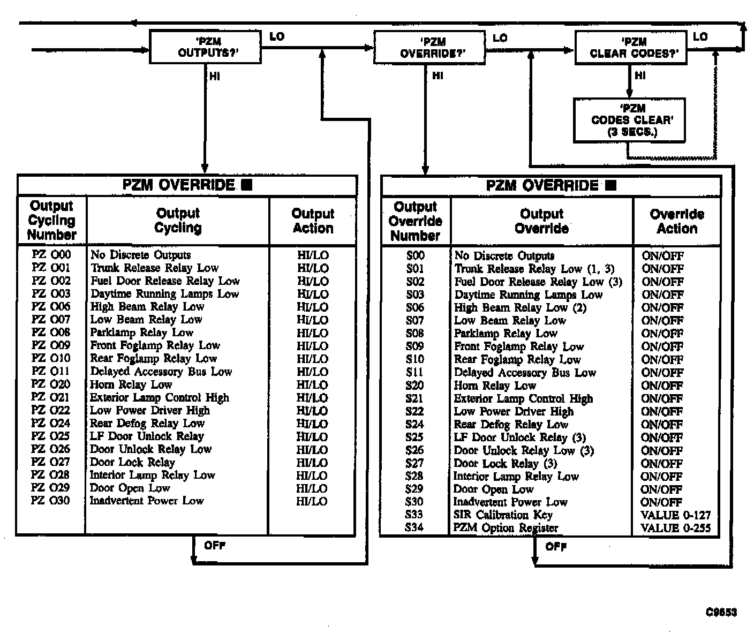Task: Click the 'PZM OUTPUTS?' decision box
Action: tap(205, 47)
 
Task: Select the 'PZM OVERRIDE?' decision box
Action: tap(429, 48)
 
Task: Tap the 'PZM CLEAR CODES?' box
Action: tap(631, 48)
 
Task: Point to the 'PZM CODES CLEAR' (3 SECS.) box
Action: tap(629, 120)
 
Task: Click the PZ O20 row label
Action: tap(51, 384)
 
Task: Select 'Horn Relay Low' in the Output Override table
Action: tap(495, 386)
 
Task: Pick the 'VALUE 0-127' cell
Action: tap(675, 515)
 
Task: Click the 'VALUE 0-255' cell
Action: tap(675, 528)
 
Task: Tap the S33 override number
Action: tap(414, 515)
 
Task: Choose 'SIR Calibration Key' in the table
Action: tap(503, 515)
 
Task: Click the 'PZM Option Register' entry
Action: tap(506, 528)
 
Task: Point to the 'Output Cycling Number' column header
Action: tap(51, 221)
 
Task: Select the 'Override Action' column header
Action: tap(677, 222)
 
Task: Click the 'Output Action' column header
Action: tap(313, 221)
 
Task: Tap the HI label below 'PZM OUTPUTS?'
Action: tap(214, 77)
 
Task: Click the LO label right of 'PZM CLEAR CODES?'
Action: tap(700, 37)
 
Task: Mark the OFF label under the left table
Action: tap(215, 546)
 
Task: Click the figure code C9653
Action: tap(721, 613)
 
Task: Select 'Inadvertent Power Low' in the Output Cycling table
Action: tap(147, 501)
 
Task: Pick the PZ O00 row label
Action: tap(51, 255)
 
